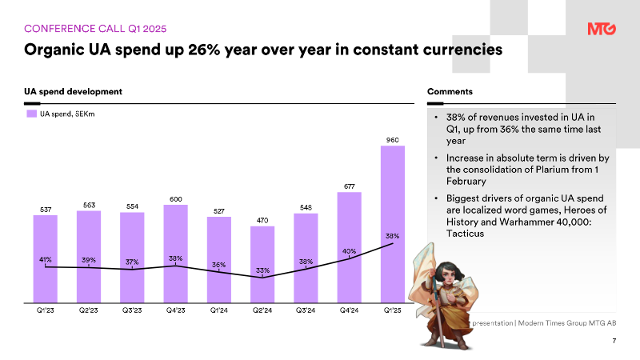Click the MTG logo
[x=602, y=29]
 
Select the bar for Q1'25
[x=393, y=224]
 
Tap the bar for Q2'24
[x=262, y=265]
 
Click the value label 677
[x=350, y=186]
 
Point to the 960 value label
[x=393, y=140]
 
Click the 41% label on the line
[x=46, y=259]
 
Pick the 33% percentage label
[x=262, y=270]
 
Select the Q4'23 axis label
[x=175, y=310]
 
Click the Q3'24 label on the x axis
[x=306, y=310]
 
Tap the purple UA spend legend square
[x=32, y=114]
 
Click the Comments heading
[x=450, y=91]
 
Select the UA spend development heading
[x=73, y=91]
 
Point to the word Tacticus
[x=465, y=234]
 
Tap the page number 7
[x=614, y=341]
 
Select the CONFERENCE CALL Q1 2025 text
[x=95, y=29]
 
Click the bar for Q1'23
[x=46, y=259]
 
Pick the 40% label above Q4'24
[x=350, y=251]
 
